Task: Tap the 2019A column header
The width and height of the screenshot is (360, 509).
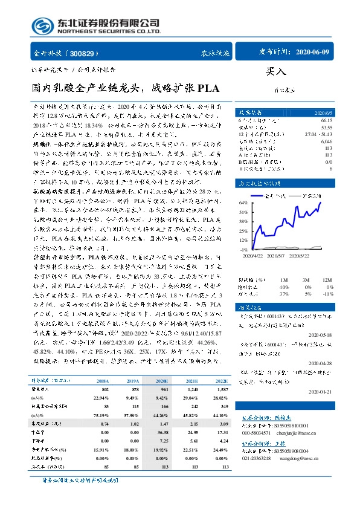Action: coord(130,382)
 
